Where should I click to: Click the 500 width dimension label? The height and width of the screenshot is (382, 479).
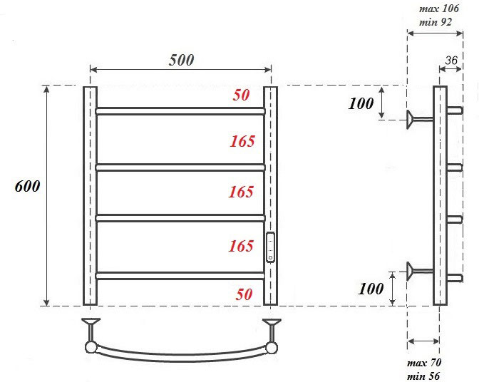click(182, 60)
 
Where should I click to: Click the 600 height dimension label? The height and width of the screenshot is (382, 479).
click(28, 186)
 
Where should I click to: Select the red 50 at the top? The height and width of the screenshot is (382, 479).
click(242, 95)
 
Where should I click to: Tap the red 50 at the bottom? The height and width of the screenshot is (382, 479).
click(244, 294)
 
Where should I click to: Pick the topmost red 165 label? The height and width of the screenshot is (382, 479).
click(242, 141)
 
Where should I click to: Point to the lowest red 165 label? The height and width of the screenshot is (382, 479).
click(241, 246)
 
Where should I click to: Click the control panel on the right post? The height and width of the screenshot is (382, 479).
click(270, 247)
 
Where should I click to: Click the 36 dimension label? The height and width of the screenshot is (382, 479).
click(451, 61)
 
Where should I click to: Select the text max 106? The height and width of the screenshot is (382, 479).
click(439, 9)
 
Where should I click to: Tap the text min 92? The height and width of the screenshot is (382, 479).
click(436, 22)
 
